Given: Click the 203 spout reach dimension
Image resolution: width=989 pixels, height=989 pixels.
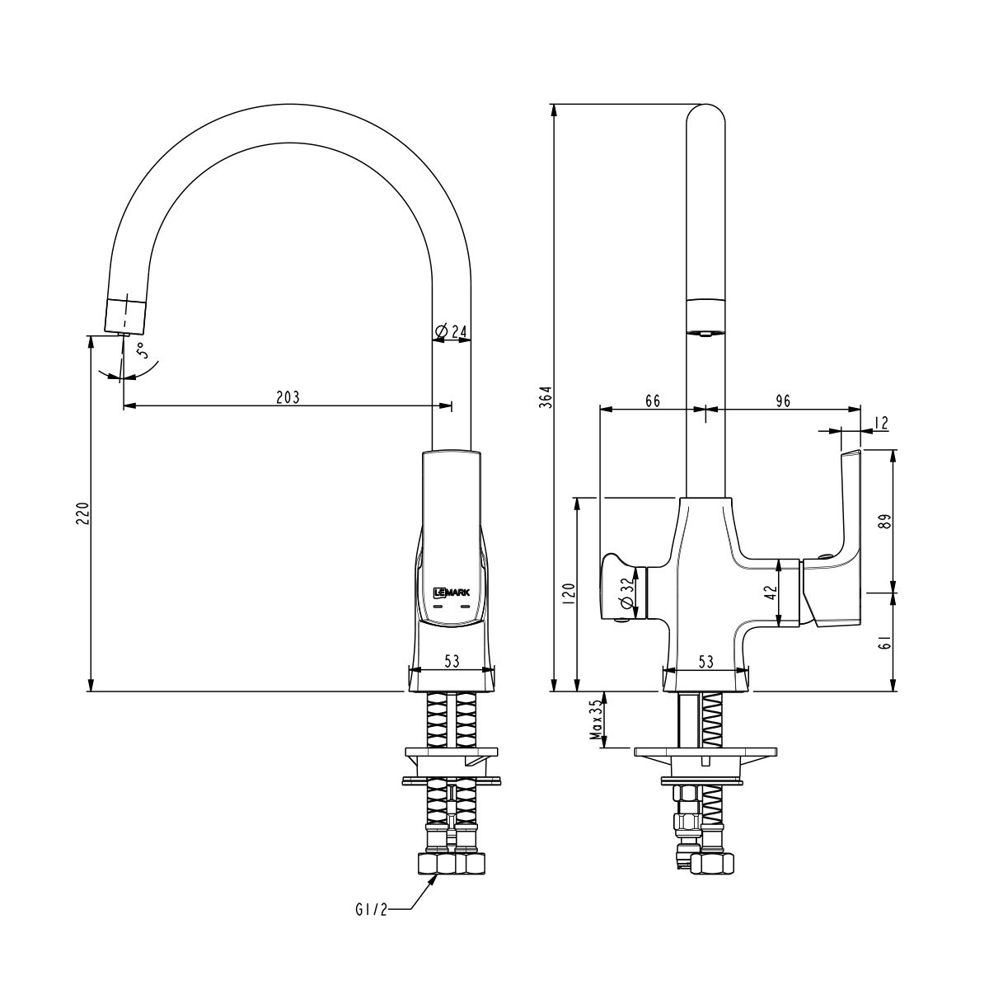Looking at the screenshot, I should click(287, 396).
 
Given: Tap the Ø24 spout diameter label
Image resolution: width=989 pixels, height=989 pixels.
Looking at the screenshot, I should click(451, 332).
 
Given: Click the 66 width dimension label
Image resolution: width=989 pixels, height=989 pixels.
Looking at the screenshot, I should click(652, 401).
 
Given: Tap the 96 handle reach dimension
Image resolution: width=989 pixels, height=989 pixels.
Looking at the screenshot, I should click(782, 401).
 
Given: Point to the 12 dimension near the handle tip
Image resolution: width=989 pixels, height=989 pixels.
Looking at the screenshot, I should click(879, 423).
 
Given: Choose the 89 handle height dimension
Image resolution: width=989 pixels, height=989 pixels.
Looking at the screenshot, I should click(884, 521).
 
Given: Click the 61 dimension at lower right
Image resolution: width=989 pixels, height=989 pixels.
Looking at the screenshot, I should click(884, 642).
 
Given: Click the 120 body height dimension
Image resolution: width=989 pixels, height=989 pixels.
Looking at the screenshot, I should click(568, 594).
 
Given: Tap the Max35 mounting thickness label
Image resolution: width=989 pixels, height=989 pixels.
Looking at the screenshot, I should click(593, 720).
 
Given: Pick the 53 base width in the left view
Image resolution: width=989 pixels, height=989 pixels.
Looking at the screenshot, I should click(452, 660).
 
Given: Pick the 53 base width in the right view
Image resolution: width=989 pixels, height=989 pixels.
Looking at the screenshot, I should click(705, 660).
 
